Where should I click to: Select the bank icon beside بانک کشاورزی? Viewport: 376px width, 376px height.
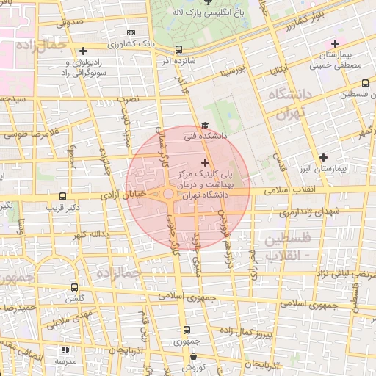click(131, 33)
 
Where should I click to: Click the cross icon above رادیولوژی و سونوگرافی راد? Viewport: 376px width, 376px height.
click(84, 51)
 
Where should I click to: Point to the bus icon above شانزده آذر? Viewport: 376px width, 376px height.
click(179, 50)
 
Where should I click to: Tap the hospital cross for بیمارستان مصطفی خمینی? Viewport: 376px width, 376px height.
click(336, 43)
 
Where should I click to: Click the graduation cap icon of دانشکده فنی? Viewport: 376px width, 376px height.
click(205, 126)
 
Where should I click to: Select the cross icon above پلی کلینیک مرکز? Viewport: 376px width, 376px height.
click(204, 162)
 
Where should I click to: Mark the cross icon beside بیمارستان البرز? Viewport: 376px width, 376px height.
click(324, 158)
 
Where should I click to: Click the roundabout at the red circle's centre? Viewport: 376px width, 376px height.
click(168, 194)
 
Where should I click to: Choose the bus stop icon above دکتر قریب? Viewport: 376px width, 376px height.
click(62, 197)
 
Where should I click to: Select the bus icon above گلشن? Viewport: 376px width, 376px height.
click(74, 287)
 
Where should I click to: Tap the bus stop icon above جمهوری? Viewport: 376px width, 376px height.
click(187, 330)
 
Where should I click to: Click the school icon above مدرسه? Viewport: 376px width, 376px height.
click(65, 350)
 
